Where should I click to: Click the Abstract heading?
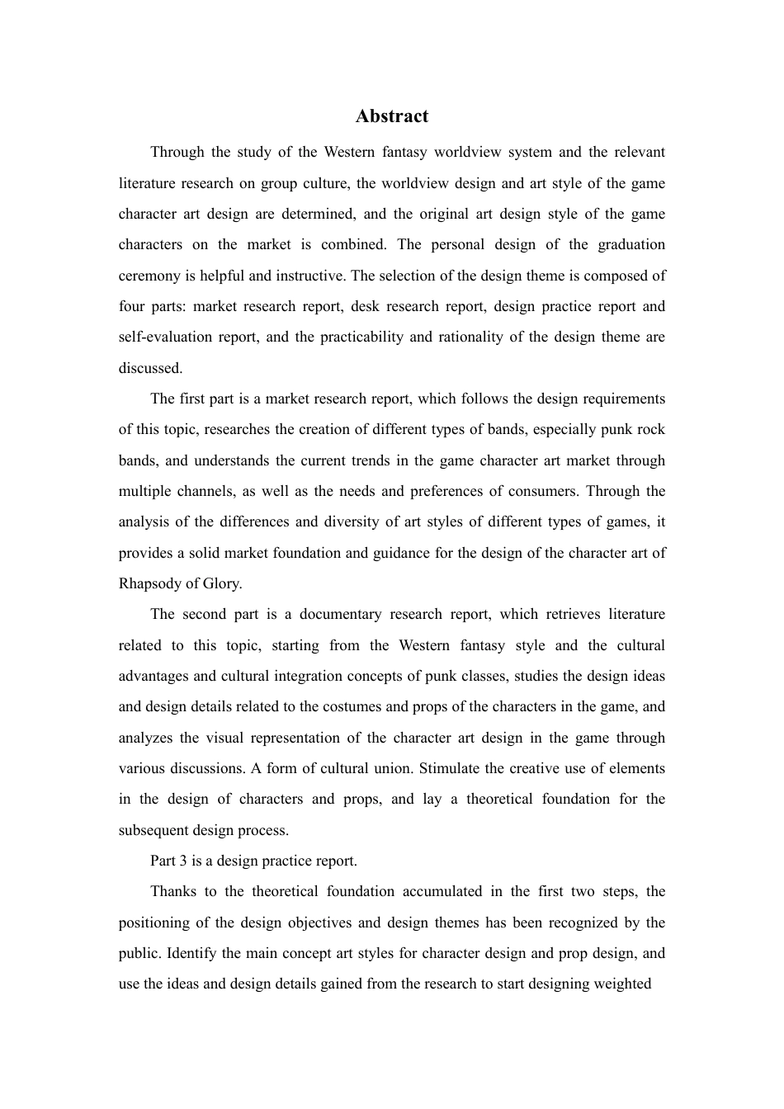point(392,116)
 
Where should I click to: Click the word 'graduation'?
point(631,245)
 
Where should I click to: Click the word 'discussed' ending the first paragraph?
point(149,368)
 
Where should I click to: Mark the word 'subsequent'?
point(153,831)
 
